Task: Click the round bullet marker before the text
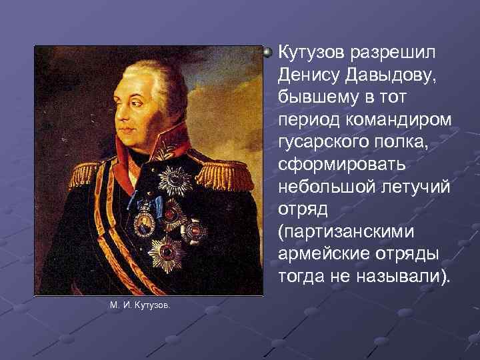point(269,51)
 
